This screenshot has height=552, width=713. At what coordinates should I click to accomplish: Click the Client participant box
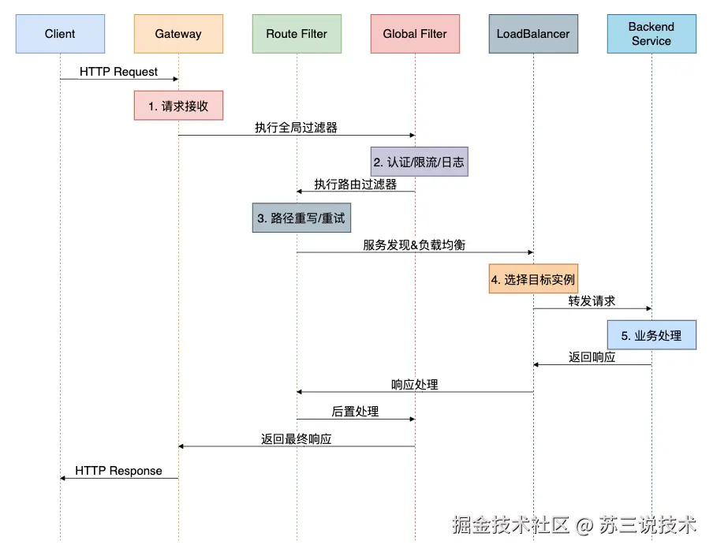point(60,34)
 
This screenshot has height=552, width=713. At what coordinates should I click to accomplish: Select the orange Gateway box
point(178,34)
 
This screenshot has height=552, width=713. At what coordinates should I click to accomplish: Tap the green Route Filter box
point(297,34)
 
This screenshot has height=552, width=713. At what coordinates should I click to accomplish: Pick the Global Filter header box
point(415,34)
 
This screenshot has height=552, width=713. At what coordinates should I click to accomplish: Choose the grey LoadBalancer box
point(533,34)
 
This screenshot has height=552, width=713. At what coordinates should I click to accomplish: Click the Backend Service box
point(651,34)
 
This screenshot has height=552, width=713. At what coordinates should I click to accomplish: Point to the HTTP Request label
point(118,72)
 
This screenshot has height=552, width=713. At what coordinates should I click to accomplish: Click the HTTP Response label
point(118,471)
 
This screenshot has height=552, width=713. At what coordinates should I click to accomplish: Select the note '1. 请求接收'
point(178,106)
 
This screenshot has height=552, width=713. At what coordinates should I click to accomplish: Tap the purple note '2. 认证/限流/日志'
point(420,162)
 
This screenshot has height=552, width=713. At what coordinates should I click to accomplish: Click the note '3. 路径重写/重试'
point(301,218)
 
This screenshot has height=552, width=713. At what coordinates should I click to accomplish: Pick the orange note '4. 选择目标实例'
point(533,278)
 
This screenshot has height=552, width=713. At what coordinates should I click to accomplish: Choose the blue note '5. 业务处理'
point(651,335)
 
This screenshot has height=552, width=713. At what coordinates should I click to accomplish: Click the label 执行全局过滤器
point(296,127)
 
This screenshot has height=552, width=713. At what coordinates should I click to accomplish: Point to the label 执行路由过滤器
point(356,185)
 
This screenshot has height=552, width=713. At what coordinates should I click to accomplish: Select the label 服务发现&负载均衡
point(414,244)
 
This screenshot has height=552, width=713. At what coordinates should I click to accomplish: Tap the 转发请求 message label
point(592,300)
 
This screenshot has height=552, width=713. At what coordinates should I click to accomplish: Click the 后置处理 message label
point(355,411)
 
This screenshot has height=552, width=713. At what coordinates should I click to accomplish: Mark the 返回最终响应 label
point(296,438)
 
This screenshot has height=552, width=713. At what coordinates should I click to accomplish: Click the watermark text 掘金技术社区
point(510,524)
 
